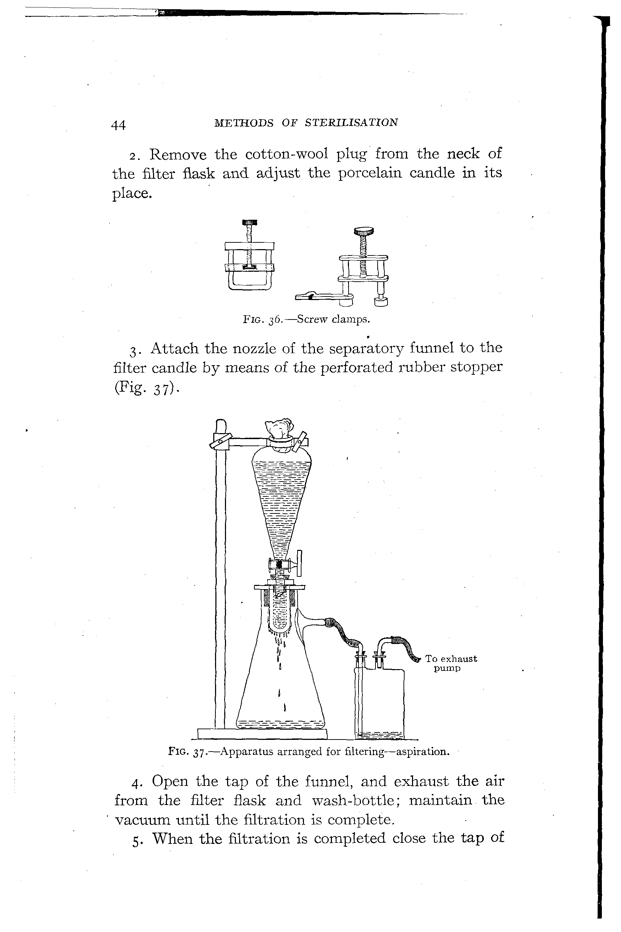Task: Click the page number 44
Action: coord(119,125)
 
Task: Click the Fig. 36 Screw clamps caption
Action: coord(306,319)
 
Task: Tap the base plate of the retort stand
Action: coord(262,734)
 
